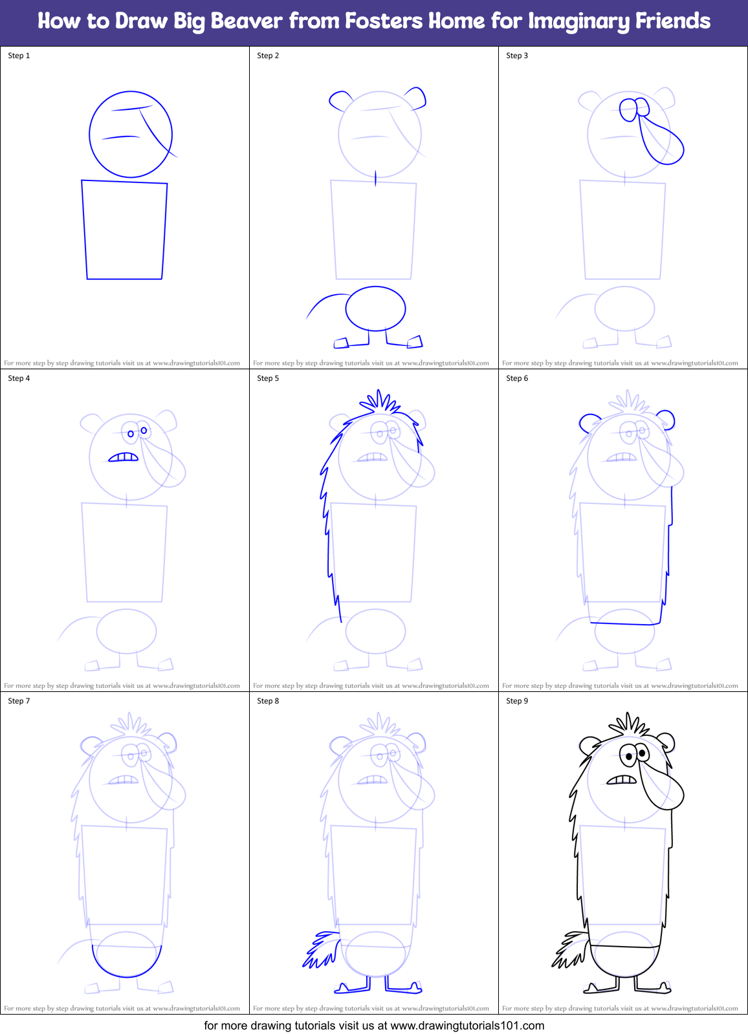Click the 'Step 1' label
coord(19,56)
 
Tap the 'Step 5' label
coord(268,378)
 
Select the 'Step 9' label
coord(517,701)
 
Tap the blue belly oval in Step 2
coord(375,308)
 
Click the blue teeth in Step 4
coord(124,457)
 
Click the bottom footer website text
coord(374,1026)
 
